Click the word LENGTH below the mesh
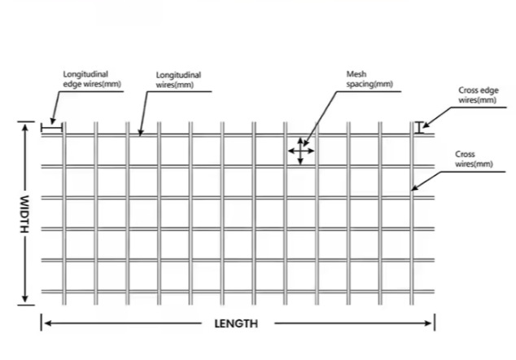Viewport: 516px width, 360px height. pyautogui.click(x=236, y=323)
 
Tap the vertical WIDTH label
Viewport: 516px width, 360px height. pyautogui.click(x=24, y=213)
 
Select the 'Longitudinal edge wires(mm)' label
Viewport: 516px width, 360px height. pyautogui.click(x=86, y=80)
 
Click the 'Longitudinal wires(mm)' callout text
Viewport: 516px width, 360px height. pyautogui.click(x=178, y=80)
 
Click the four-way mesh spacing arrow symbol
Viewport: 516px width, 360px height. pyautogui.click(x=300, y=151)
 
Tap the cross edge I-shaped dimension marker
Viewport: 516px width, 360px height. pyautogui.click(x=420, y=127)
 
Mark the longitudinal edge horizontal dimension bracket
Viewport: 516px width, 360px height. pyautogui.click(x=51, y=127)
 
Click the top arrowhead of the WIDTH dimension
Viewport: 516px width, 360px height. pyautogui.click(x=24, y=125)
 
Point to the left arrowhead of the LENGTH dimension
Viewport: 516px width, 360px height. pyautogui.click(x=45, y=323)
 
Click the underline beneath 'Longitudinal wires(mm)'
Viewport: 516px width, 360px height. pyautogui.click(x=179, y=91)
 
